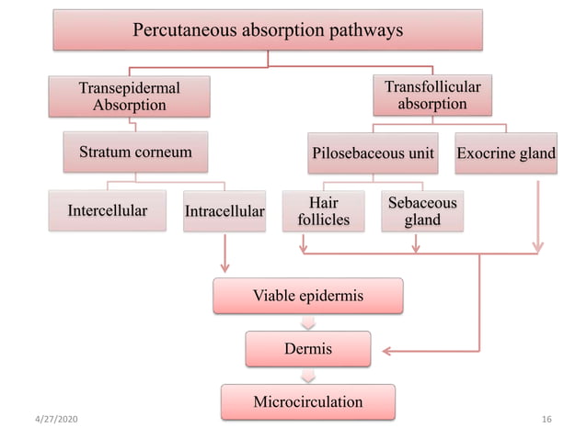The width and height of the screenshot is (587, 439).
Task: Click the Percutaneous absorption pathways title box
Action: [268, 30]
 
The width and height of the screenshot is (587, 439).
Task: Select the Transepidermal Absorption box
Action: [130, 96]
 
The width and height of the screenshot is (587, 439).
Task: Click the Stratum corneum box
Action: [135, 152]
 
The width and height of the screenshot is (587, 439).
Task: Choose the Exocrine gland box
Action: [507, 152]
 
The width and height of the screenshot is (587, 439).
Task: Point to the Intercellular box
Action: [108, 211]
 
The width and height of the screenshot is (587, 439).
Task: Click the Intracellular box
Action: [224, 212]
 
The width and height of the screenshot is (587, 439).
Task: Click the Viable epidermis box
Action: [308, 297]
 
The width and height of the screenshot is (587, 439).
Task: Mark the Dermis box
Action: [308, 349]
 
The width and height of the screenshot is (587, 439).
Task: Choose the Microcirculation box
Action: [308, 401]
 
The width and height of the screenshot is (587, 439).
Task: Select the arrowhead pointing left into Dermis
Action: [388, 350]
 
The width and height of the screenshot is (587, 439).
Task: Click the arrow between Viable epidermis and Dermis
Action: [308, 322]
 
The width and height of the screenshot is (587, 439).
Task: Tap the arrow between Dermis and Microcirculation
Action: [308, 375]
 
